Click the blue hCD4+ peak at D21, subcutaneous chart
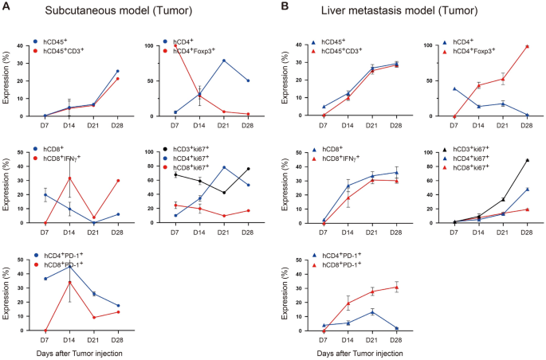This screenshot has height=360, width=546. [223, 61]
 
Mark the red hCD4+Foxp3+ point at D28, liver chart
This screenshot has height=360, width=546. [527, 46]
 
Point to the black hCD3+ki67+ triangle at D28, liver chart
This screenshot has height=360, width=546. [527, 160]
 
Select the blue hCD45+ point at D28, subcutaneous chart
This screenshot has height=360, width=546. [118, 71]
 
